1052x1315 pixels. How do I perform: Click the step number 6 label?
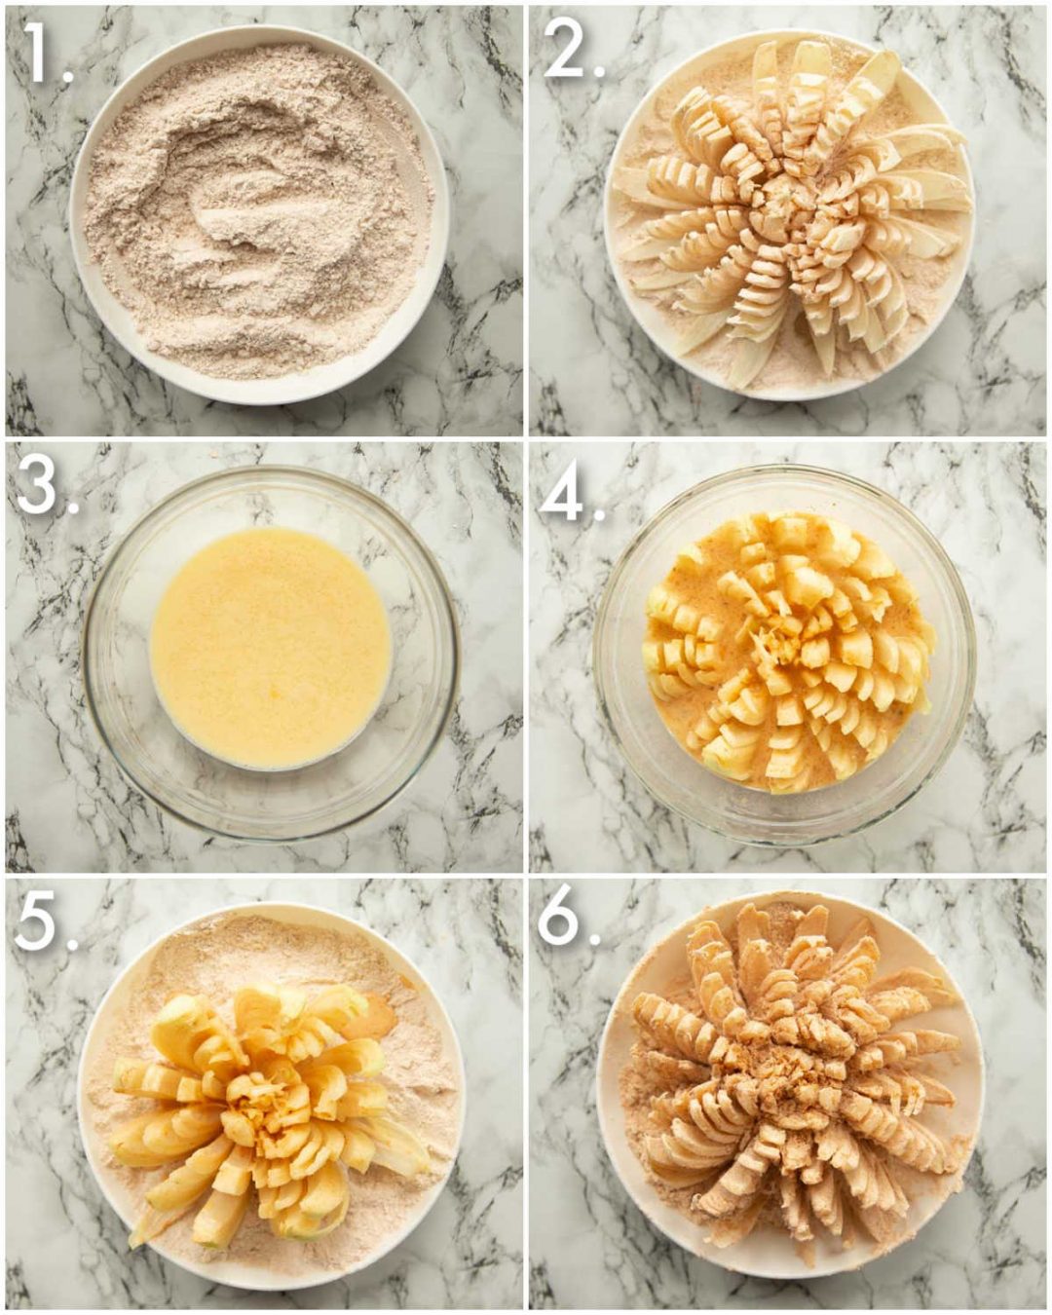click(x=569, y=920)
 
